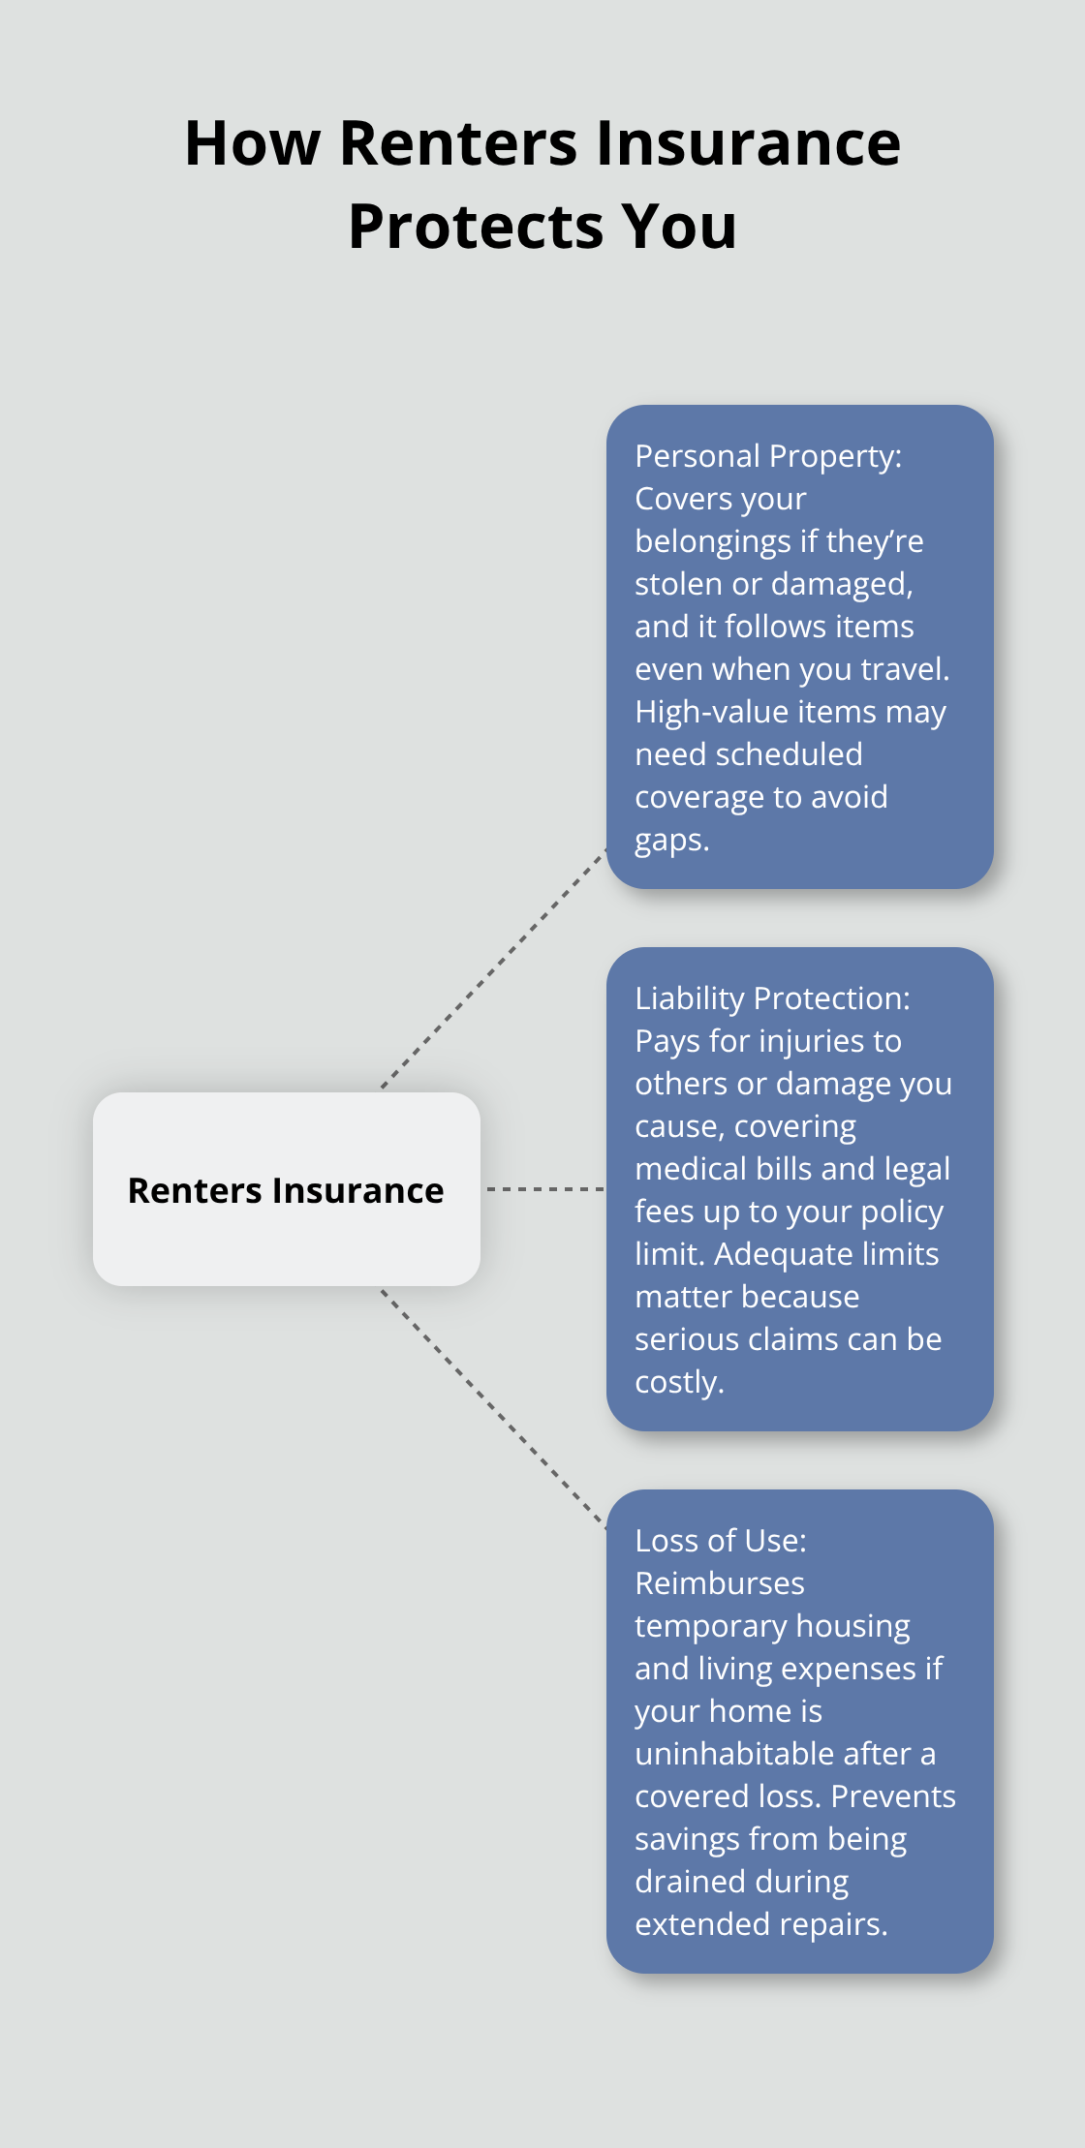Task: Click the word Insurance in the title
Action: [x=748, y=143]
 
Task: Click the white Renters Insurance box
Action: [x=286, y=1189]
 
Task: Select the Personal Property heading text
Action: [x=767, y=456]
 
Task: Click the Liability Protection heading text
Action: [x=772, y=998]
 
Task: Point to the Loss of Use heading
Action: [x=720, y=1541]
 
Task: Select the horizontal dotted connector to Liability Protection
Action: [x=544, y=1188]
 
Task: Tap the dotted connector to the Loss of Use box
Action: [x=493, y=1409]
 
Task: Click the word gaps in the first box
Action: [x=669, y=840]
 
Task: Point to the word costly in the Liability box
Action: [x=677, y=1382]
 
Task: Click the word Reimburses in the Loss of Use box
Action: [x=719, y=1583]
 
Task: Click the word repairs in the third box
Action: [x=840, y=1924]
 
